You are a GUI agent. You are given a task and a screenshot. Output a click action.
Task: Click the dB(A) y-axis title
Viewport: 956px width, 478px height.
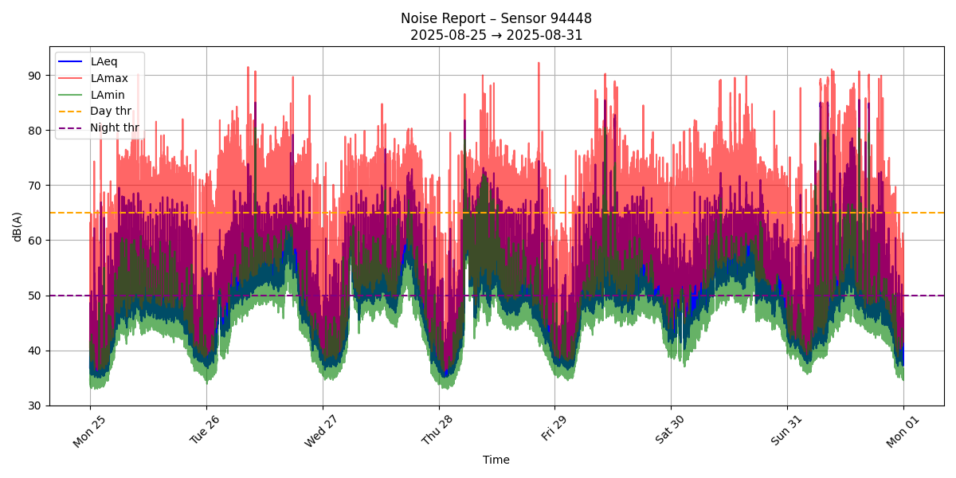[17, 226]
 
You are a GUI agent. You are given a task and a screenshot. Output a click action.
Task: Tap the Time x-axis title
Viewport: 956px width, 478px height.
[496, 460]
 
